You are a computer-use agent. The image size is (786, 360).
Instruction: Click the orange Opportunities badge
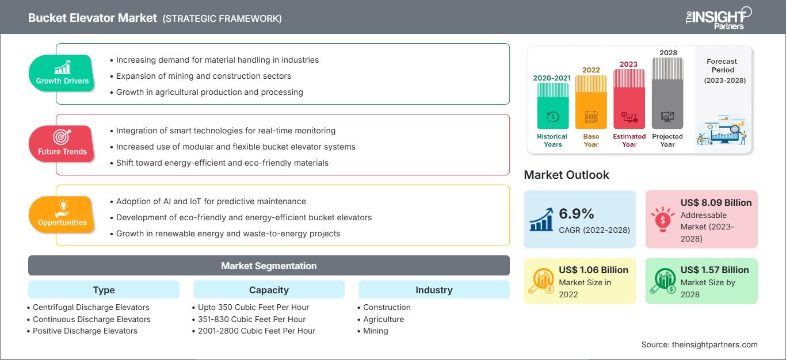click(62, 215)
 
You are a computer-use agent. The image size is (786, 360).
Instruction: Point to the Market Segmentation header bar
click(269, 266)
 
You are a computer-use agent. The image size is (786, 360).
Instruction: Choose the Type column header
click(104, 290)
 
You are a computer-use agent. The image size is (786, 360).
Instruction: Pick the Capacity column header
click(269, 290)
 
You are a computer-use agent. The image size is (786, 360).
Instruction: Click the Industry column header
click(434, 290)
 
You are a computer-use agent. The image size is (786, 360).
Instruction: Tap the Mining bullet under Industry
click(375, 331)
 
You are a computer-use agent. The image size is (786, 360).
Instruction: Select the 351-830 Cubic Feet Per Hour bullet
click(251, 319)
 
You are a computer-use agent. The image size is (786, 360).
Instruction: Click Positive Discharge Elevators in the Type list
click(85, 331)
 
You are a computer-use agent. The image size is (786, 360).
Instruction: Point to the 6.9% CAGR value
click(577, 214)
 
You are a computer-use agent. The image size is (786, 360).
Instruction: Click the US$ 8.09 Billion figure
click(716, 202)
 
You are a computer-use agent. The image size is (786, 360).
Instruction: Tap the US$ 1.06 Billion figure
click(593, 270)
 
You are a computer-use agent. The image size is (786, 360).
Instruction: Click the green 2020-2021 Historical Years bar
click(552, 106)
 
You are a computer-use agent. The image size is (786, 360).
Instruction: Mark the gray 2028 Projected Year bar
click(667, 93)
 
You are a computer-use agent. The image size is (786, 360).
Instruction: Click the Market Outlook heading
click(566, 175)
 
